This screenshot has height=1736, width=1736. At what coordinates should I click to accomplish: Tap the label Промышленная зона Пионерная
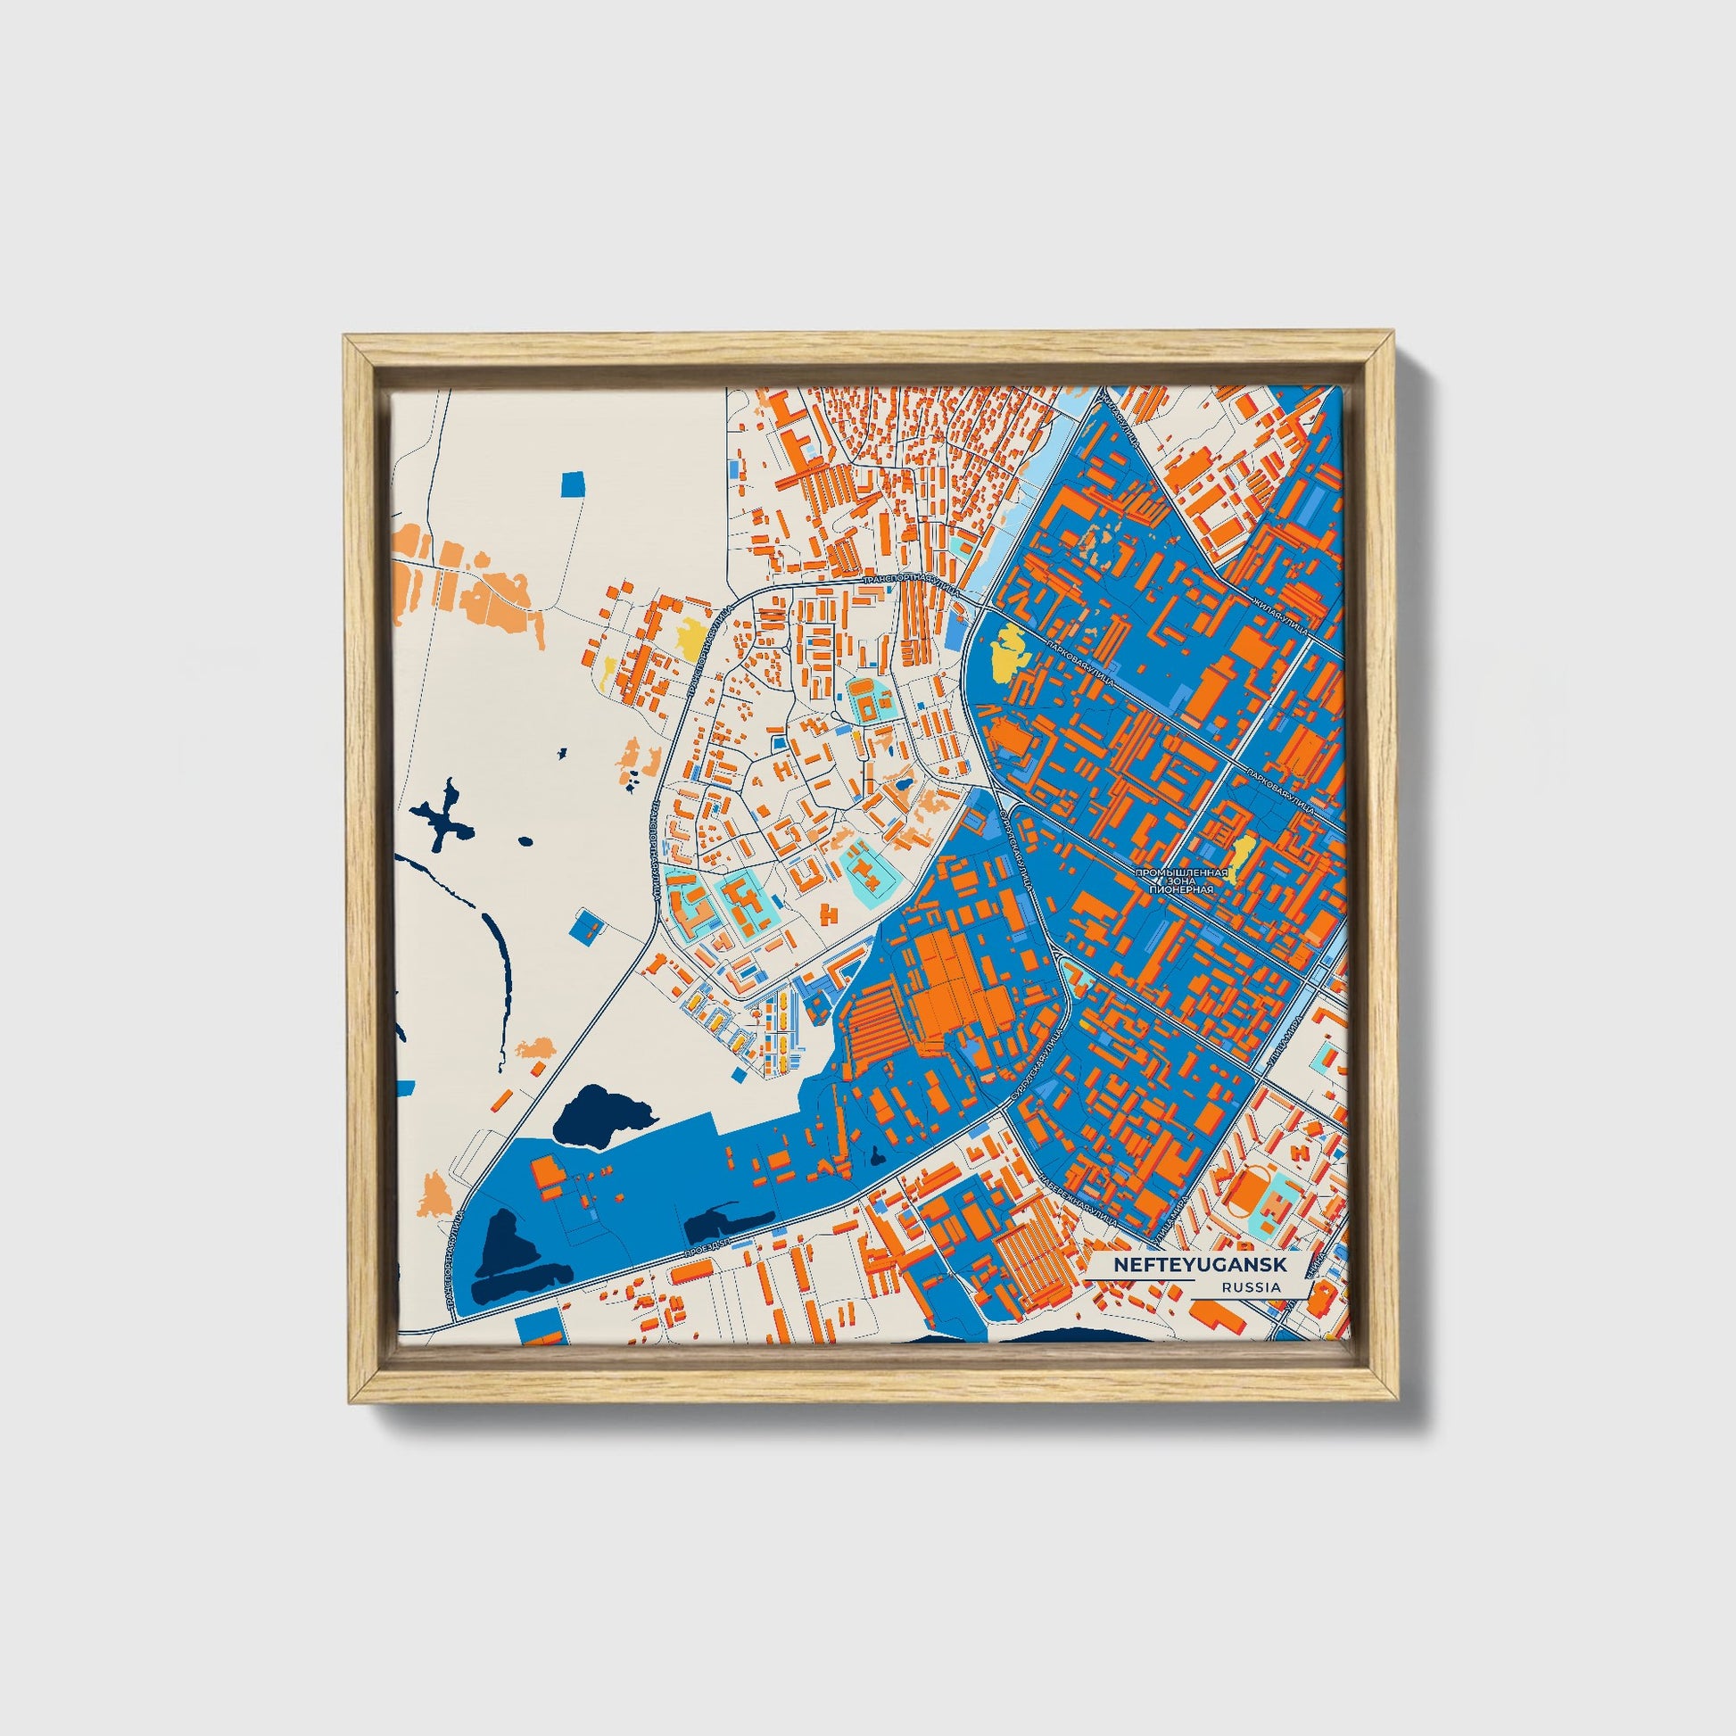coord(1181,880)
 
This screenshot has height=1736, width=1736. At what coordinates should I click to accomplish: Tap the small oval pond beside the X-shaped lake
coord(525,842)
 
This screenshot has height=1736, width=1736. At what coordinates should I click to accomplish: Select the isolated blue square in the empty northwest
coord(573,484)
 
